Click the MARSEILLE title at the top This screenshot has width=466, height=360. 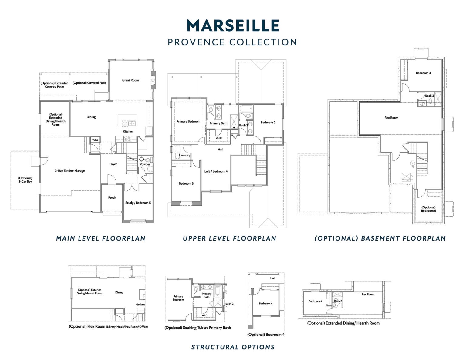233,26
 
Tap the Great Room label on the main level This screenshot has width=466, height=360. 130,80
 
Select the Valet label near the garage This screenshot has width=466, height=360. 95,140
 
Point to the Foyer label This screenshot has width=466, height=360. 113,164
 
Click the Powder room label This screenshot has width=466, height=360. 145,164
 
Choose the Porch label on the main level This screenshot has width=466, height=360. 112,197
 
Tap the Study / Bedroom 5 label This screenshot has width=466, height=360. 138,203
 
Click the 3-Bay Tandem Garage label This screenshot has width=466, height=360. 70,170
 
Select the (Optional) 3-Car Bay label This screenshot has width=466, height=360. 25,180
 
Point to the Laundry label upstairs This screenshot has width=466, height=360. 185,155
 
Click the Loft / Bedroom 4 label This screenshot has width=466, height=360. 216,171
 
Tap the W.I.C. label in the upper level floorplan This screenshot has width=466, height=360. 219,138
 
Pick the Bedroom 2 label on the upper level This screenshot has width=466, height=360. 268,122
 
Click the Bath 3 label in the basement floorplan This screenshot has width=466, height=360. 429,96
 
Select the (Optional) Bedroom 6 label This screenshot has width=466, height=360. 428,209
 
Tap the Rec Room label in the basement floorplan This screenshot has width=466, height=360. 391,118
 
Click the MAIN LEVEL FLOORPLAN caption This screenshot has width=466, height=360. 101,238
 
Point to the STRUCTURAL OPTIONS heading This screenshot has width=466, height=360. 233,347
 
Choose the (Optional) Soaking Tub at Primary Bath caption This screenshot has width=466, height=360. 198,328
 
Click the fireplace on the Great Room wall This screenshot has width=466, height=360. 153,80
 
